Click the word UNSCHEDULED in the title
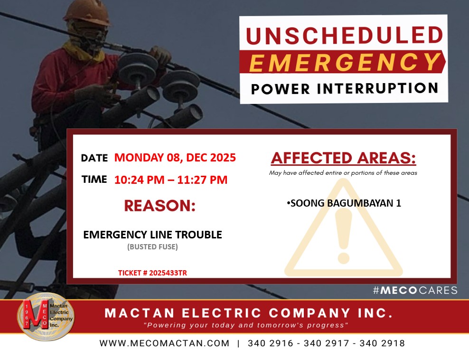coord(344,36)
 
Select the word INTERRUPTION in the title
coord(377,89)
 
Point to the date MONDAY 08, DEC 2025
coord(175,157)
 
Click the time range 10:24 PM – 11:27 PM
coord(171,180)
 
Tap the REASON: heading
coord(159,206)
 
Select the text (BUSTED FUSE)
coord(152,246)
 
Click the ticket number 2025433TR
coord(168,273)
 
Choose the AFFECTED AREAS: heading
coord(343,158)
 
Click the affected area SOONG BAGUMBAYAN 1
coord(344,203)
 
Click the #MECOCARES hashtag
coord(415,290)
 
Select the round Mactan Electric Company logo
coord(46,317)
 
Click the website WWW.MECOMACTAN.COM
coord(165,343)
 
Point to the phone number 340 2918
coord(382,343)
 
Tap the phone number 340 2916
coord(271,343)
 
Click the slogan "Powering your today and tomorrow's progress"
coord(246,325)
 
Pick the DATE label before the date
coord(94,158)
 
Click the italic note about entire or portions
coord(343,173)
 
